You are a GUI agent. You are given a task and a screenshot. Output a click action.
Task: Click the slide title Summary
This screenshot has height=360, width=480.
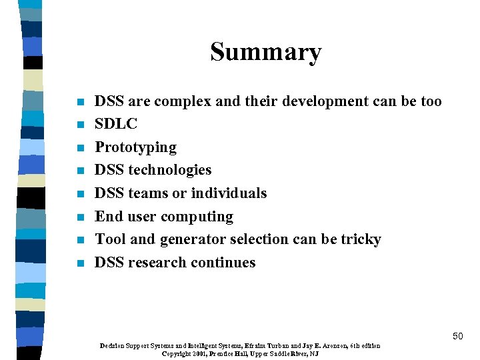[x=265, y=52]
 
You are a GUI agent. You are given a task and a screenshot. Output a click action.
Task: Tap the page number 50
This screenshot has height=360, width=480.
[x=457, y=336]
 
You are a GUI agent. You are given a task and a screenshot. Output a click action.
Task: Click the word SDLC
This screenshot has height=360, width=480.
[x=116, y=124]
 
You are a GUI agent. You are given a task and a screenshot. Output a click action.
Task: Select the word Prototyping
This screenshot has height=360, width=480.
[x=135, y=147]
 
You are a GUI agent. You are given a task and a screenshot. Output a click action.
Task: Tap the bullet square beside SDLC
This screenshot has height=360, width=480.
[x=81, y=125]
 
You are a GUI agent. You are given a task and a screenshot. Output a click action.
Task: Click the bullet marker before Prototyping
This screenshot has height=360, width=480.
[x=81, y=148]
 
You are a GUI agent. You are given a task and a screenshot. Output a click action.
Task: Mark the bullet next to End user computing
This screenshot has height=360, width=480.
[x=81, y=217]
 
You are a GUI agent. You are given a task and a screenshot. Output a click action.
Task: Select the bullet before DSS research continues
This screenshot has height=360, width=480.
[x=81, y=263]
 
